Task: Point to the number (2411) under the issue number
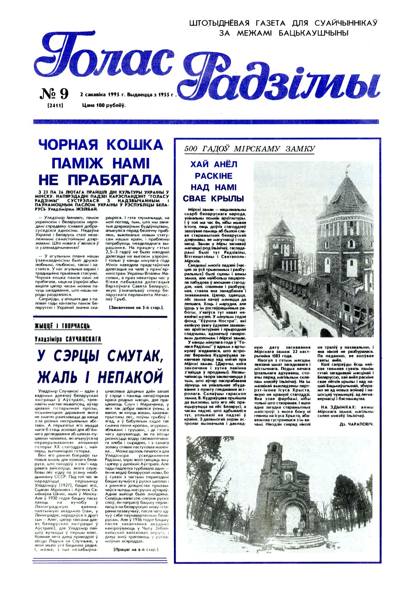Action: pyautogui.click(x=55, y=105)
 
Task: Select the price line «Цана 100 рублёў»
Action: pyautogui.click(x=104, y=105)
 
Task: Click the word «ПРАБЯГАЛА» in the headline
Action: pyautogui.click(x=100, y=180)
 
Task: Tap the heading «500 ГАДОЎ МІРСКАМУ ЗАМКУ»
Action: pyautogui.click(x=250, y=149)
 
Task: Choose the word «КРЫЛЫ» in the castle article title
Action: pyautogui.click(x=228, y=198)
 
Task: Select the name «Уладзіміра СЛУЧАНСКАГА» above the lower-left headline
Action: pyautogui.click(x=68, y=339)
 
